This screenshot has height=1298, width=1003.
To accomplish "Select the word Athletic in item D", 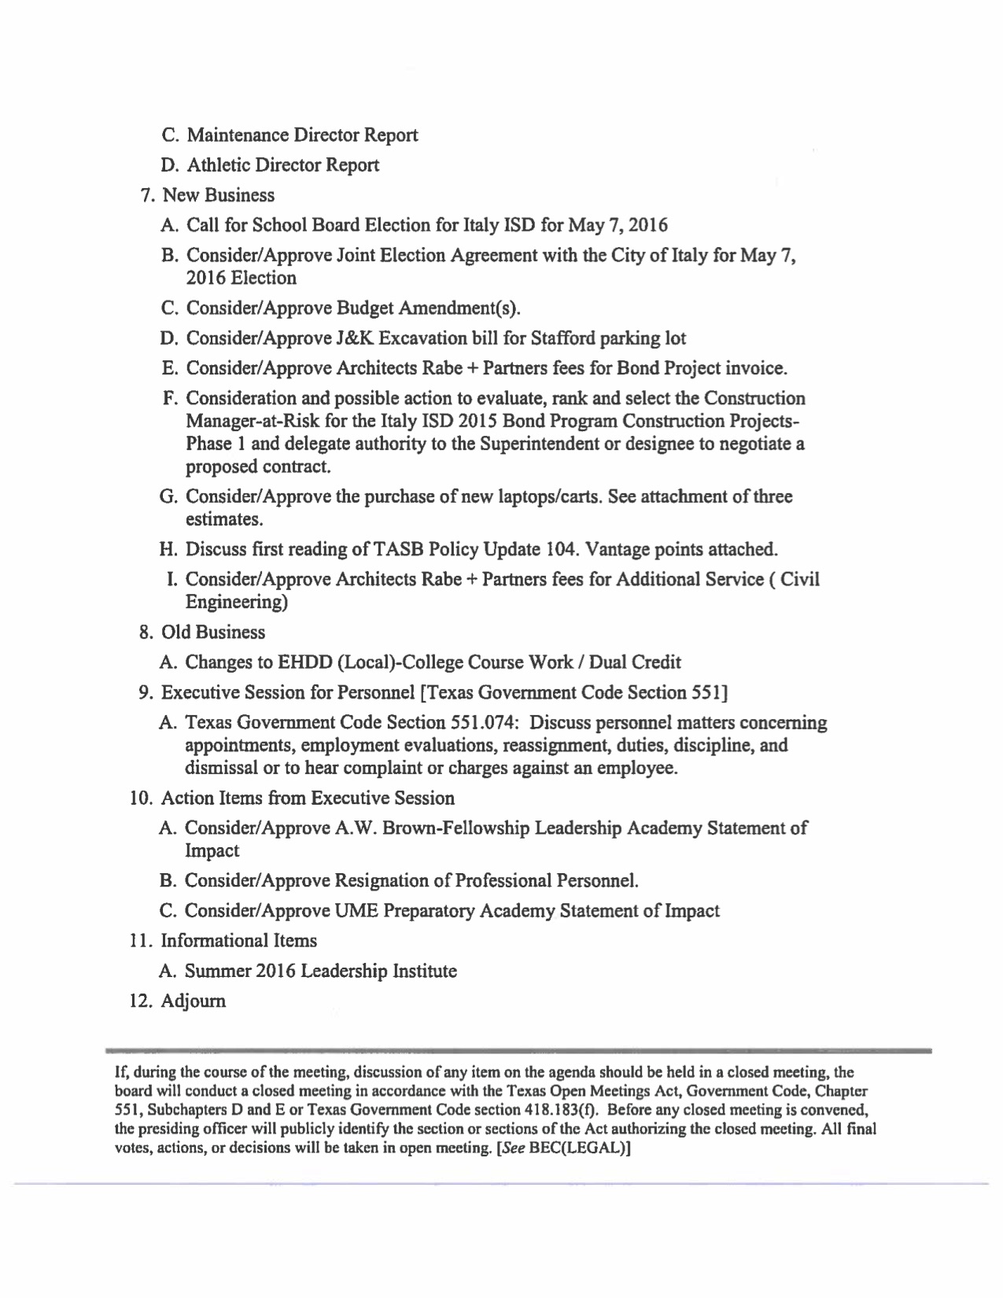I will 217,165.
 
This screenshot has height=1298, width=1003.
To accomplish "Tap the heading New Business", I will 218,195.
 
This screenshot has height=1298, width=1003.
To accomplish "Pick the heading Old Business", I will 212,632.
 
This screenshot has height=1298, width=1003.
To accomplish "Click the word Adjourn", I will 194,1001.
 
